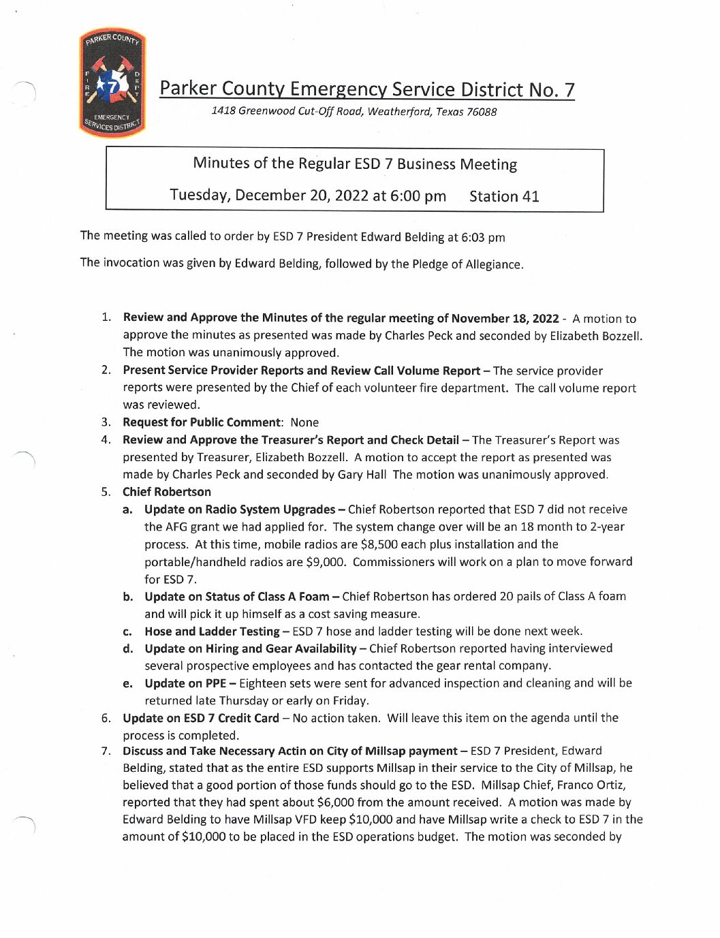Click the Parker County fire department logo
click(x=112, y=83)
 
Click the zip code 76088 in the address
click(x=481, y=112)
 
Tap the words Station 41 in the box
click(x=504, y=196)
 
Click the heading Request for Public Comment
click(x=202, y=422)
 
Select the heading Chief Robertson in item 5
click(x=167, y=492)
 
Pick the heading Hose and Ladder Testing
click(x=212, y=631)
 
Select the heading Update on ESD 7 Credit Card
click(x=201, y=718)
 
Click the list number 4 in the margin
click(x=106, y=440)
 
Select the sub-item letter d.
click(x=128, y=648)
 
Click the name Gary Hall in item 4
click(x=362, y=475)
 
